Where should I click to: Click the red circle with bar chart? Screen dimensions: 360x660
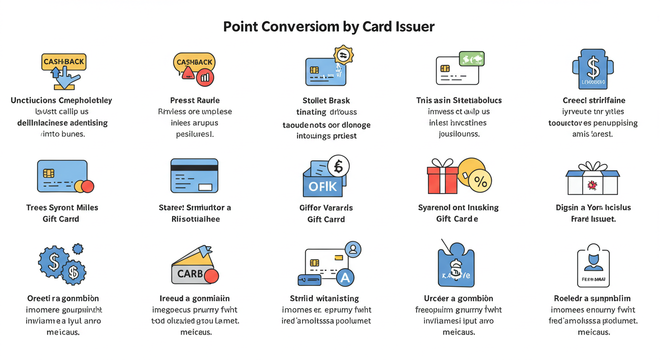(205, 77)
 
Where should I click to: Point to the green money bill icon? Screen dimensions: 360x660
(472, 59)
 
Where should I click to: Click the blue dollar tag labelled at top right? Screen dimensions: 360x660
(592, 69)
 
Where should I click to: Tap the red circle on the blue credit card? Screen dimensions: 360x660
(88, 186)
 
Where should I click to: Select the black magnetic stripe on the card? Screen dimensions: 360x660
(194, 167)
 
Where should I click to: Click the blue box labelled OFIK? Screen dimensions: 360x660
(322, 186)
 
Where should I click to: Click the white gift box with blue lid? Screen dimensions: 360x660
(592, 180)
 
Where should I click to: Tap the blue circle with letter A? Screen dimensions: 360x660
(345, 278)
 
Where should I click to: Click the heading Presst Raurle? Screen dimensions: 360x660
(195, 100)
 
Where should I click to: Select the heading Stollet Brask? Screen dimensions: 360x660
(326, 100)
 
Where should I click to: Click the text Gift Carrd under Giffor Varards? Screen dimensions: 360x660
(326, 219)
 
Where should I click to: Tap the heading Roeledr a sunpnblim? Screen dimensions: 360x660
(592, 298)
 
